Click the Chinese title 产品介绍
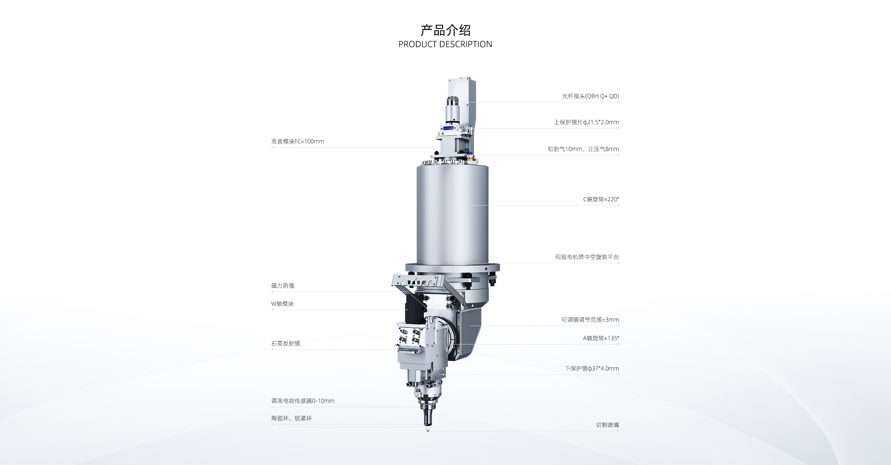click(x=445, y=30)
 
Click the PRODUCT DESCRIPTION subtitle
click(x=445, y=44)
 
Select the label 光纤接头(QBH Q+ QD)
click(x=590, y=96)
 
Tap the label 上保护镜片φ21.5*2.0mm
click(x=586, y=122)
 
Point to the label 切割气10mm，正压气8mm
click(x=583, y=149)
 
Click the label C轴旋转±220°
click(x=601, y=199)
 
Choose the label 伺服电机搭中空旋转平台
click(x=587, y=257)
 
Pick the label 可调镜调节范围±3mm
click(x=590, y=320)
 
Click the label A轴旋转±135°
click(x=601, y=338)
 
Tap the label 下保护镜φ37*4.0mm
click(x=592, y=369)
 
